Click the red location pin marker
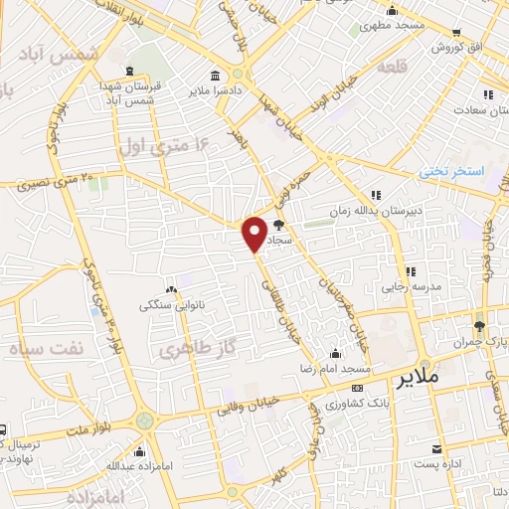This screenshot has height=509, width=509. tap(254, 234)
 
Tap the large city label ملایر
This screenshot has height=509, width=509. tap(418, 379)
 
